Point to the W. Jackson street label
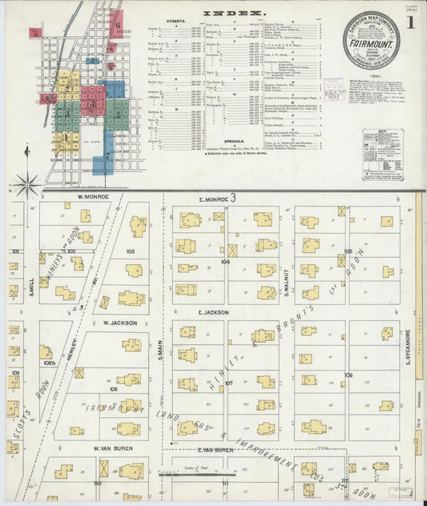point(120,323)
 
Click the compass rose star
point(28,185)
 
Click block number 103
point(130,251)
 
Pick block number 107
point(228,384)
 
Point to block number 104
point(226,261)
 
